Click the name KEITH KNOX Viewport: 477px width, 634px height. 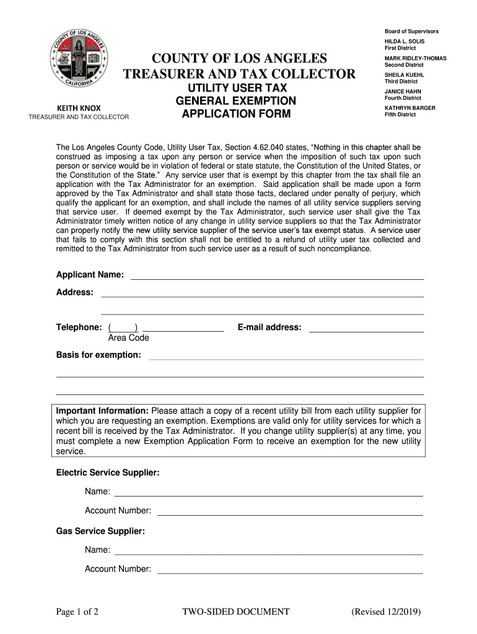click(79, 108)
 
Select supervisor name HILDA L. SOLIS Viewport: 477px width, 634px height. click(405, 41)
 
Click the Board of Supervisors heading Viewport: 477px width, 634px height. click(411, 31)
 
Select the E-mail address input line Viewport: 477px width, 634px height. click(366, 329)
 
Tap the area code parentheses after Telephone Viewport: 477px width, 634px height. click(123, 328)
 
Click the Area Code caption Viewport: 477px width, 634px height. click(128, 338)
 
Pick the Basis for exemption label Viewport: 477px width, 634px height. click(98, 355)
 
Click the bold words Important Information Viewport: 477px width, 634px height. click(102, 410)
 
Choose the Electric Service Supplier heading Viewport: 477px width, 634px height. click(108, 472)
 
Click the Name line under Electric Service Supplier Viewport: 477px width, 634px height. click(268, 493)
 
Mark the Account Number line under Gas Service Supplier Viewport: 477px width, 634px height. click(290, 571)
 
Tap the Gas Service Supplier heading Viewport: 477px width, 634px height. click(100, 531)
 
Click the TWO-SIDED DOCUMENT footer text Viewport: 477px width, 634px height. click(235, 612)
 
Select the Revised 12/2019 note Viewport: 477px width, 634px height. click(386, 612)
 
